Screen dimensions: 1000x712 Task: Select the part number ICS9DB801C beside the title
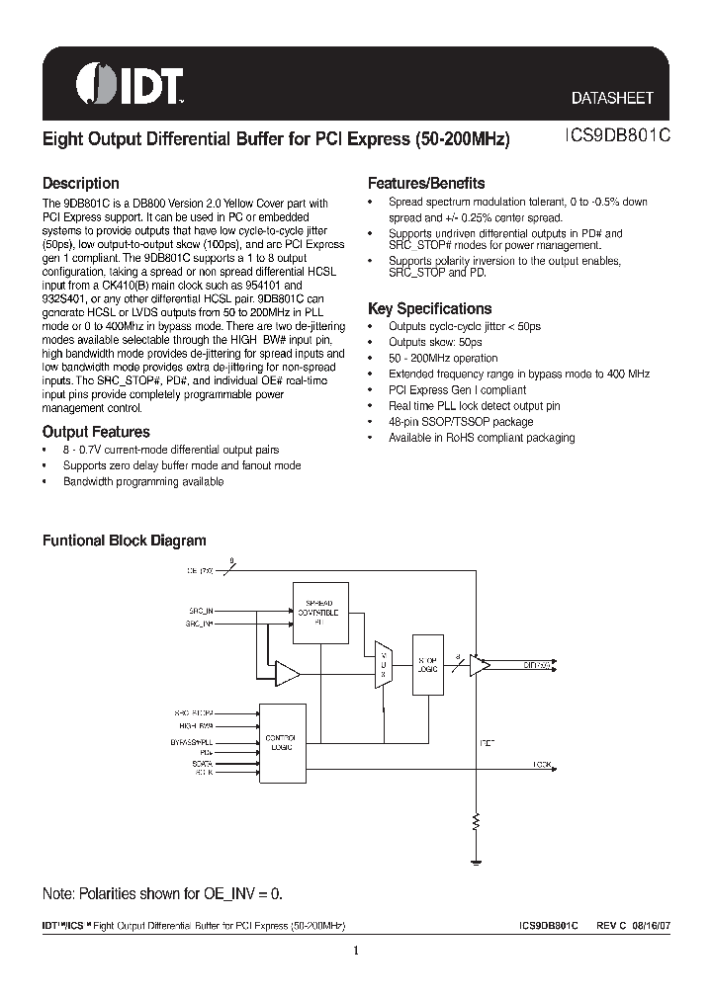click(x=608, y=139)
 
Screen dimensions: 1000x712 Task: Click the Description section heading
click(x=80, y=183)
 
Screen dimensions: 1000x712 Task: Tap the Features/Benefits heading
click(x=426, y=183)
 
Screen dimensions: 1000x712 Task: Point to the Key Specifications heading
click(x=429, y=308)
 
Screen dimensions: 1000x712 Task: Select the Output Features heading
click(x=96, y=432)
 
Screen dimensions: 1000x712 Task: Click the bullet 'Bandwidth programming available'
click(x=143, y=481)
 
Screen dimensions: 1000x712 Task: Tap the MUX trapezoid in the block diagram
click(x=383, y=665)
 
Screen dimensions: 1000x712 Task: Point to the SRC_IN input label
click(x=201, y=612)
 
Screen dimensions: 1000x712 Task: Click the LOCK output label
click(x=542, y=765)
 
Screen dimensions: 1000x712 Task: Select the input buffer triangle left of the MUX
click(x=287, y=674)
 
